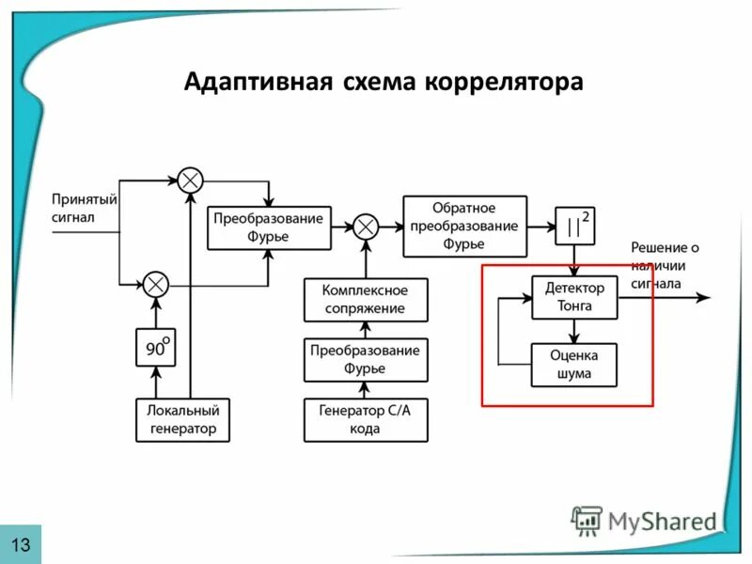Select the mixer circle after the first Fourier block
point(366,227)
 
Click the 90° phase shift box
point(156,349)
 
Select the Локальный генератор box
point(182,419)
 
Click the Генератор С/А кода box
point(365,419)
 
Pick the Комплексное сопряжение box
point(365,300)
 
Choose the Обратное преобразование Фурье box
point(464,227)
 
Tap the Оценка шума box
point(574,364)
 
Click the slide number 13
point(21,544)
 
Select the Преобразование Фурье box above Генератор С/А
point(365,359)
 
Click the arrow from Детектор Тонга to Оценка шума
point(574,330)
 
